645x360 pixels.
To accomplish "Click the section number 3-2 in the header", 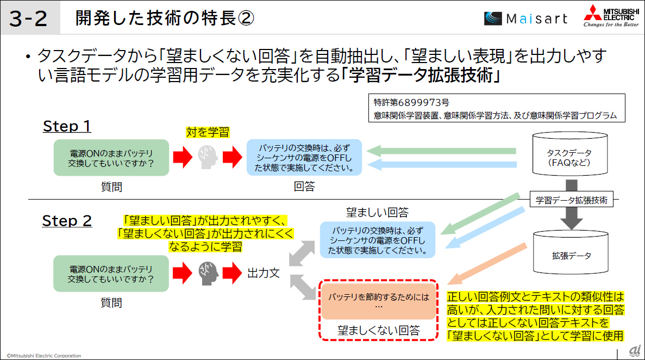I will (x=28, y=19).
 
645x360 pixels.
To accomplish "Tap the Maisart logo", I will (x=525, y=19).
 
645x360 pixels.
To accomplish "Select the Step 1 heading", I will (x=67, y=126).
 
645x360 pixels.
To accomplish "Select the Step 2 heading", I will (x=67, y=221).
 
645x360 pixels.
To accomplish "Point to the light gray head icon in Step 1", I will (x=208, y=157).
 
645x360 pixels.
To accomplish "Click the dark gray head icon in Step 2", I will (x=208, y=272).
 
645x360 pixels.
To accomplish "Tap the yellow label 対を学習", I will (x=208, y=132).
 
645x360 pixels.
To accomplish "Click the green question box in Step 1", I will (x=111, y=157).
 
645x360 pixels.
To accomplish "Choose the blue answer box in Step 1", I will (x=304, y=157).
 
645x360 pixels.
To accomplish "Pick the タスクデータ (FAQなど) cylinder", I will (x=569, y=156).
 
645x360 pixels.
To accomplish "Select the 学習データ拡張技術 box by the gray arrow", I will (x=571, y=200).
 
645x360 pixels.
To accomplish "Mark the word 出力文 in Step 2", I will (x=264, y=272).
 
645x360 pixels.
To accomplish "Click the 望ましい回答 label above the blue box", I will (x=377, y=212).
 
